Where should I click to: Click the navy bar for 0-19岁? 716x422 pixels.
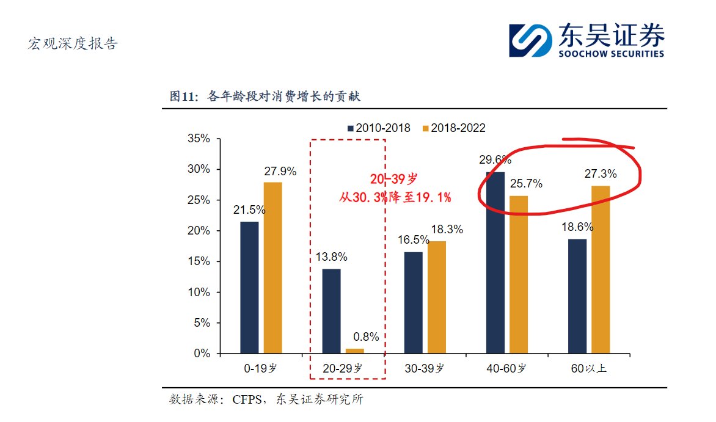click(249, 287)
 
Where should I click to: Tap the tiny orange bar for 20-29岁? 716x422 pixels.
click(355, 351)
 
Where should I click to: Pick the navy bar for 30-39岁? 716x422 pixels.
click(413, 302)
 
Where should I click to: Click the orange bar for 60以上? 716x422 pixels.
click(600, 269)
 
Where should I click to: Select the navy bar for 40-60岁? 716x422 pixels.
click(495, 263)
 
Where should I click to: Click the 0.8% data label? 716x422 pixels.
click(367, 337)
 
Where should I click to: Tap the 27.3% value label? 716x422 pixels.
click(601, 174)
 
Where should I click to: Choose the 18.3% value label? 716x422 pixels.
click(447, 230)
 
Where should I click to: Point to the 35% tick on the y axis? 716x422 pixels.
click(197, 139)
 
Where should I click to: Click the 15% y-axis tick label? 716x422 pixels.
click(197, 261)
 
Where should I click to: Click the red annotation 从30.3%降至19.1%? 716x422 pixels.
click(395, 197)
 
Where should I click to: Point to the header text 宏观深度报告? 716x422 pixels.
click(73, 44)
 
